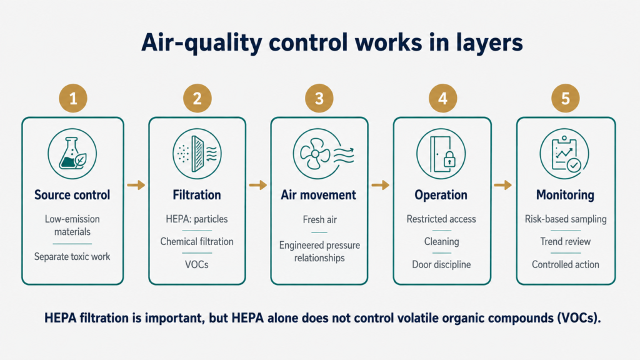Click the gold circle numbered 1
click(73, 98)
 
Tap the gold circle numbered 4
click(443, 98)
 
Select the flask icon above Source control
click(72, 154)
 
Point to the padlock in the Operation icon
click(449, 159)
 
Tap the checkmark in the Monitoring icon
click(574, 165)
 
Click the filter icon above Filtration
click(197, 154)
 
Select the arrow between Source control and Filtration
click(136, 185)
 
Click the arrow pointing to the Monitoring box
click(503, 185)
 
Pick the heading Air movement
click(318, 195)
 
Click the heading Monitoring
click(565, 195)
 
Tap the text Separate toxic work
click(72, 257)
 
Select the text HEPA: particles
click(197, 219)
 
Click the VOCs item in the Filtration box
click(197, 264)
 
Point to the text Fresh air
click(319, 219)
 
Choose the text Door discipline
click(441, 264)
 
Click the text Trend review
click(565, 242)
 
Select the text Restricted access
click(441, 219)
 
